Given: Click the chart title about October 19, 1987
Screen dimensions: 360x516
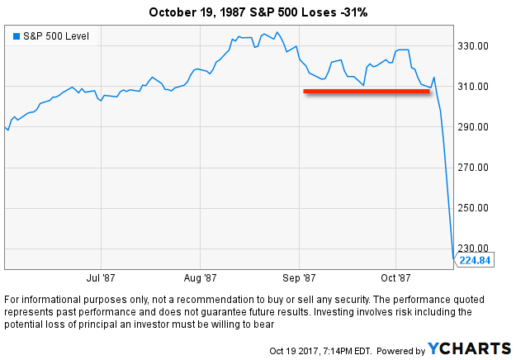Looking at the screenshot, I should [258, 12].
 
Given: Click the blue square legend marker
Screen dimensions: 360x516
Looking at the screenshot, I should [16, 36].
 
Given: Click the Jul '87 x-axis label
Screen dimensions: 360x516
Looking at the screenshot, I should [101, 279].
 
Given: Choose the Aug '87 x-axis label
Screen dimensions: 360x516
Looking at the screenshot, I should [199, 279].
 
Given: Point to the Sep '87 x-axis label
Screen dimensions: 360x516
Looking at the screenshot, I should [298, 279].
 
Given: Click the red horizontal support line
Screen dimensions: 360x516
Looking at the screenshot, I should [367, 92].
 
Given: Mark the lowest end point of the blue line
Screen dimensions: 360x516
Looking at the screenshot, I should [454, 258].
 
